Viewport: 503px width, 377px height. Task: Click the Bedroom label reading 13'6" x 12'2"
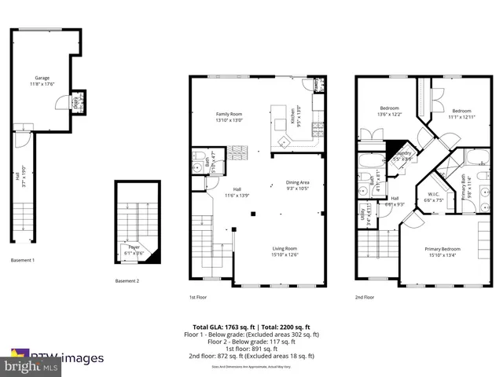click(x=391, y=111)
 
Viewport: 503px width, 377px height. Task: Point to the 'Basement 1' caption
click(x=23, y=260)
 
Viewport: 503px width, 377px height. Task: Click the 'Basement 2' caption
click(x=127, y=281)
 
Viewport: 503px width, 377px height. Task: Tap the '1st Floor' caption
click(x=198, y=297)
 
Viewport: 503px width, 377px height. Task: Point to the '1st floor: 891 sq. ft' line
click(x=251, y=349)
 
